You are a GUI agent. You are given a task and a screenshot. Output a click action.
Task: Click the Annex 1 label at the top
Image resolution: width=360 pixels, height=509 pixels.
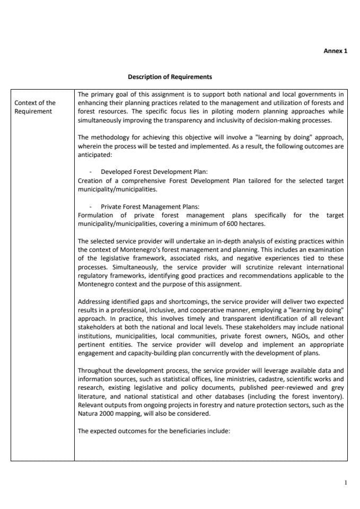click(335, 51)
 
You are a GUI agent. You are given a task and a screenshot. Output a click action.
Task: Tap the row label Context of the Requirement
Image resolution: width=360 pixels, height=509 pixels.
click(35, 107)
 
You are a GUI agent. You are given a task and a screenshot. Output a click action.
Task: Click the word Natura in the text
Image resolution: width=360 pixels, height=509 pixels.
click(88, 414)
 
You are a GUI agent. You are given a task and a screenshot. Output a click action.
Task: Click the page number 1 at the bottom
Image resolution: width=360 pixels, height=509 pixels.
click(345, 483)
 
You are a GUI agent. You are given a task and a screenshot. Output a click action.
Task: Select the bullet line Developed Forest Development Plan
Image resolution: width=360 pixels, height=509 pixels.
click(154, 172)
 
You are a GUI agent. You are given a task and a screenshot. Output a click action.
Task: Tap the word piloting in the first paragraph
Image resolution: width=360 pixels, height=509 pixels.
click(212, 111)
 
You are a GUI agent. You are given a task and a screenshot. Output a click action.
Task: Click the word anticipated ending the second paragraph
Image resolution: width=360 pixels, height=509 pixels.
click(94, 154)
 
